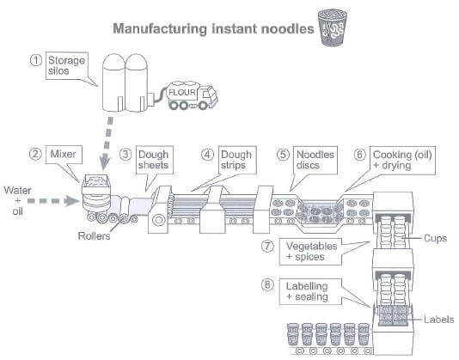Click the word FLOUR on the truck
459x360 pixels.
[x=181, y=93]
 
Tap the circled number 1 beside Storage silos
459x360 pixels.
[x=36, y=61]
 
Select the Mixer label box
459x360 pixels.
[x=64, y=155]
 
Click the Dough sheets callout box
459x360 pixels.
[x=154, y=160]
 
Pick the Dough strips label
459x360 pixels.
[x=237, y=160]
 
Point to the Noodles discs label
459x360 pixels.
[x=315, y=160]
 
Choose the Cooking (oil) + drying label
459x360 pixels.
[x=402, y=161]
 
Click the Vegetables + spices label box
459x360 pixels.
[x=310, y=252]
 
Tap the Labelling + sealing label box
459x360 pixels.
[x=310, y=291]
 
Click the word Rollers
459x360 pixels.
[x=94, y=236]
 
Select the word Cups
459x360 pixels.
[x=435, y=238]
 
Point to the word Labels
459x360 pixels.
[x=439, y=320]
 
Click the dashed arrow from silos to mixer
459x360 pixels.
[x=107, y=143]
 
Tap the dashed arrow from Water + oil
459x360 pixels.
[x=53, y=201]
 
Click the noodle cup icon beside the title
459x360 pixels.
[x=333, y=27]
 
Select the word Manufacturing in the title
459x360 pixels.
[x=160, y=28]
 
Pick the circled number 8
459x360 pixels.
[x=268, y=284]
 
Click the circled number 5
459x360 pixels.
[x=283, y=155]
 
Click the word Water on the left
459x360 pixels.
[x=17, y=191]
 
